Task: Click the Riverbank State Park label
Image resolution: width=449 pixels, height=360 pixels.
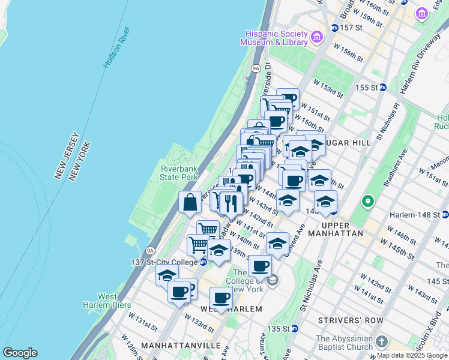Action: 179,173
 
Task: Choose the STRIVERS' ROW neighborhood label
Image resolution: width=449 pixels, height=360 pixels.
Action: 351,320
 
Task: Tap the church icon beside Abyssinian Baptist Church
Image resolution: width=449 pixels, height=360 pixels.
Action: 382,343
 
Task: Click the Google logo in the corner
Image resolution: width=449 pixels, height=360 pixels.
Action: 20,353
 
